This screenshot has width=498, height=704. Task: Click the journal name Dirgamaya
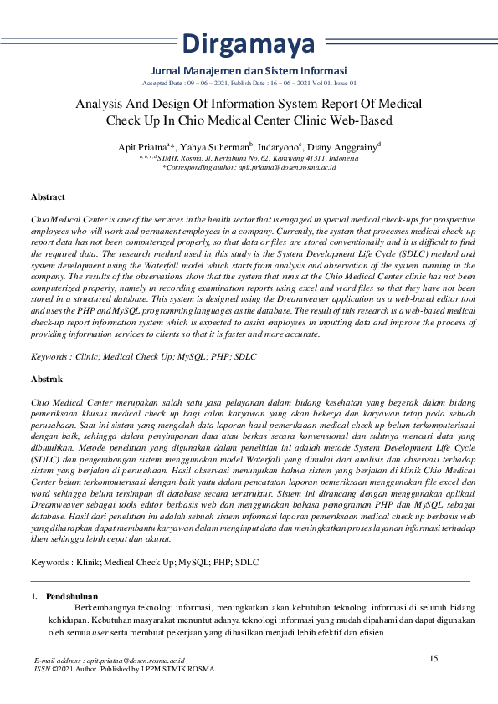coord(249,42)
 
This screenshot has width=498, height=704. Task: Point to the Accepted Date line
coord(249,84)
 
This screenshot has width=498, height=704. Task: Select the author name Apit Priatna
coord(141,147)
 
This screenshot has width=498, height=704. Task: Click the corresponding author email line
coord(249,167)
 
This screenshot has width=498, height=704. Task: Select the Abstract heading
coord(48,197)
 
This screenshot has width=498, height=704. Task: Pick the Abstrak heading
coord(47,379)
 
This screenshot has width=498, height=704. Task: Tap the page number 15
coord(434,658)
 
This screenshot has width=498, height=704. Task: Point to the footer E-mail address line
coord(110,661)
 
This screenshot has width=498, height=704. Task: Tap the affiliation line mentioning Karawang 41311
coord(249,157)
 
